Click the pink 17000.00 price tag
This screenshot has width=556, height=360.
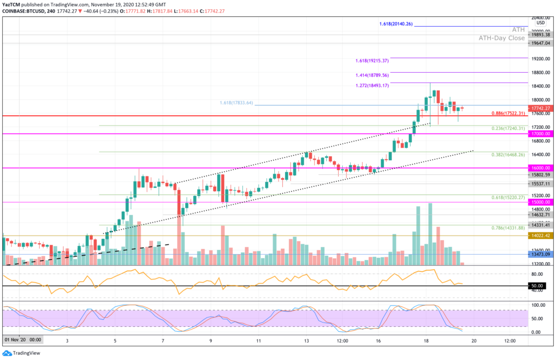(540, 134)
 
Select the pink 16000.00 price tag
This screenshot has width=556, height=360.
(540, 168)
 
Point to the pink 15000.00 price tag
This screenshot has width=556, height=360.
(540, 202)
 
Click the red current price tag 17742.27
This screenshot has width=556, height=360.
(540, 108)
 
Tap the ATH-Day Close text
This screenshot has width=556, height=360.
(501, 38)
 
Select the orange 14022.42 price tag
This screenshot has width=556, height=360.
(540, 236)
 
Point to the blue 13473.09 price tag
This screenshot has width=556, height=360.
(540, 254)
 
